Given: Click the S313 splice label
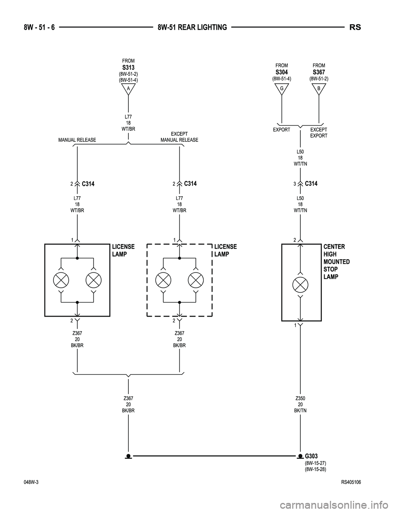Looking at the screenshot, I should click(x=128, y=67).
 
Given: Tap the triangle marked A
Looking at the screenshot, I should click(x=128, y=89).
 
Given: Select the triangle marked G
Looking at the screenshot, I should click(x=282, y=88).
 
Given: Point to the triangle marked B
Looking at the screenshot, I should click(x=319, y=88).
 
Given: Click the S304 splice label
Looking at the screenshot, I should click(x=282, y=72).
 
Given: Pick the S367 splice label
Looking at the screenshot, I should click(x=319, y=72).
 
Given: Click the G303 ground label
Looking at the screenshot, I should click(x=311, y=456).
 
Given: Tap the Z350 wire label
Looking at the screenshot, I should click(x=300, y=399).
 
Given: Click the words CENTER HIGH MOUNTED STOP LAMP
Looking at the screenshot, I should click(x=337, y=262).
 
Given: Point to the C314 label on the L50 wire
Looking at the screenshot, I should click(x=311, y=183).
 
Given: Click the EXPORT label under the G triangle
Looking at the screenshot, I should click(x=281, y=130).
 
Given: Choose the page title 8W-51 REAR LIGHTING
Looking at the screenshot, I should click(x=192, y=28).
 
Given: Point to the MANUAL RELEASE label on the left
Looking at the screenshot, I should click(x=77, y=140).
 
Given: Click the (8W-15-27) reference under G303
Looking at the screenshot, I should click(x=315, y=463).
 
